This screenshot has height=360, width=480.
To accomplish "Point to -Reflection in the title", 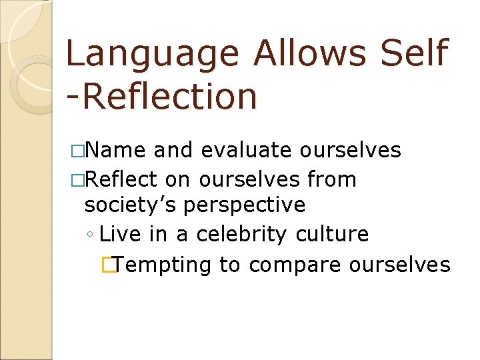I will [x=162, y=96].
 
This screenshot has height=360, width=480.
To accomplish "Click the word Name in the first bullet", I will [x=116, y=151].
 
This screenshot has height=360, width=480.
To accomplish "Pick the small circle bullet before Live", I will [x=90, y=235].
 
